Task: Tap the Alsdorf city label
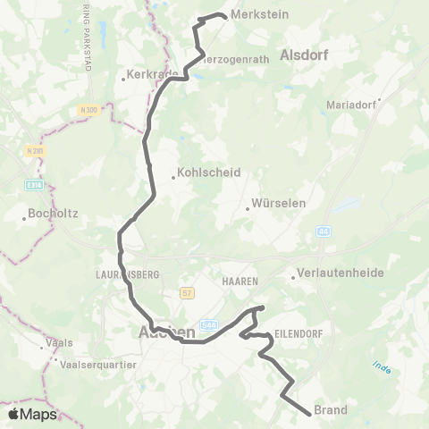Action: [304, 54]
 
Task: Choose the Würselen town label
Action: [279, 203]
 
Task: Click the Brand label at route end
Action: [331, 411]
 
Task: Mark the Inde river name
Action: [382, 366]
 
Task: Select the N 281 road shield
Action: [34, 150]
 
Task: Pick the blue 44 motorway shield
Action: [323, 231]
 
